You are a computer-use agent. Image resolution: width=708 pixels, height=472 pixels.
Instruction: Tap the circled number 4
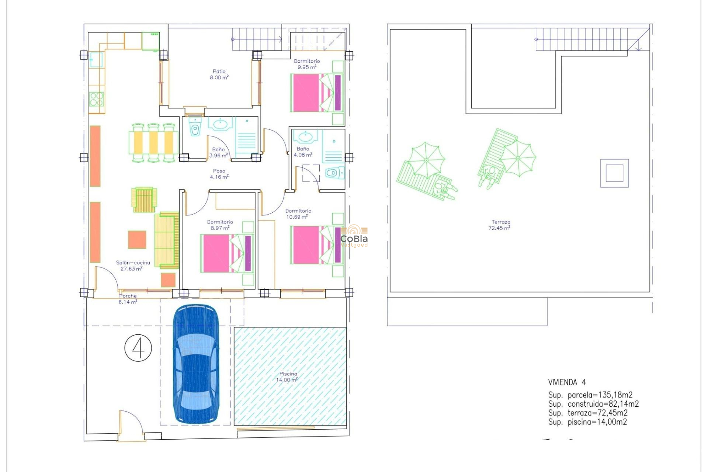[x=138, y=348]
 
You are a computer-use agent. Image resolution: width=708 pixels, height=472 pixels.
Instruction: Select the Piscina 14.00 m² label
[x=287, y=377]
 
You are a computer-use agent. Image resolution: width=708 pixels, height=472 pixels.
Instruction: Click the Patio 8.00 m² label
[x=219, y=74]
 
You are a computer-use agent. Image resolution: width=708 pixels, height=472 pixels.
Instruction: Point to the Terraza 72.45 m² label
[x=500, y=225]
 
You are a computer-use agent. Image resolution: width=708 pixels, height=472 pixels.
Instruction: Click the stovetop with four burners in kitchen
[x=97, y=99]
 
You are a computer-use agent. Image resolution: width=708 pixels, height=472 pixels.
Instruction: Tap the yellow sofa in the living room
[x=166, y=240]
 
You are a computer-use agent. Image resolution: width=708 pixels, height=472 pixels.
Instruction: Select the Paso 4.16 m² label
[x=219, y=174]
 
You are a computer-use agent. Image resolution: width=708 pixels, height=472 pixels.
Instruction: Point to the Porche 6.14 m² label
[x=128, y=299]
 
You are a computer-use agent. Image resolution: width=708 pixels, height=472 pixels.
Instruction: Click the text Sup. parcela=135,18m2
[x=590, y=395]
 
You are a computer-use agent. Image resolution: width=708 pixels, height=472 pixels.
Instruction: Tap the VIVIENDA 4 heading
[x=567, y=382]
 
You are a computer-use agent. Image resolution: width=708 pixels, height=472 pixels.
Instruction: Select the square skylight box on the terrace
[x=614, y=173]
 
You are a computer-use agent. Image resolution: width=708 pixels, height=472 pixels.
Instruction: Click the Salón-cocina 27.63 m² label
[x=133, y=265]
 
